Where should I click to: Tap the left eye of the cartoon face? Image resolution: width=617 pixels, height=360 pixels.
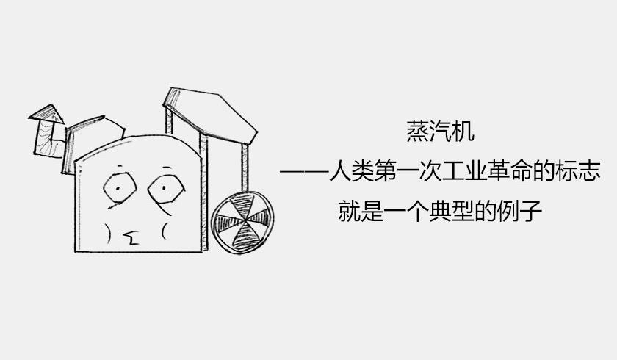(120, 187)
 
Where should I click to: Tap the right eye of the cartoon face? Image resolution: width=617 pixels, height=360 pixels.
(166, 189)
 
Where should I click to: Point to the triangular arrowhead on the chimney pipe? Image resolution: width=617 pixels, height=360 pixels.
(47, 114)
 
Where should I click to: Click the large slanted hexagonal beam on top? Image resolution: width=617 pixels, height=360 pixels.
(210, 115)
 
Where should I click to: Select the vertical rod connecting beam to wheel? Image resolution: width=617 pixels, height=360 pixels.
(245, 168)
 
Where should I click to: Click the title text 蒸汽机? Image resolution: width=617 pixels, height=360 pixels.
(440, 131)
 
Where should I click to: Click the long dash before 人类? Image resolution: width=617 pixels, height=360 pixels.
(304, 171)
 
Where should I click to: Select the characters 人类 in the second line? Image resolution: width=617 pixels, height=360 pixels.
(351, 171)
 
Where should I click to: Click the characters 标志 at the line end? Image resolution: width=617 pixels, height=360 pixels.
(577, 171)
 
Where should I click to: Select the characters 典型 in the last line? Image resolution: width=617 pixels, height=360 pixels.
(451, 211)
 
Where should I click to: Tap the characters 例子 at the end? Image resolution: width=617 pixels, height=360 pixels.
(519, 211)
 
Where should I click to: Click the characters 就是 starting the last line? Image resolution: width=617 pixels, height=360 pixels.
(361, 211)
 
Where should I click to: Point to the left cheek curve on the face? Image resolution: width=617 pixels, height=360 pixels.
(107, 232)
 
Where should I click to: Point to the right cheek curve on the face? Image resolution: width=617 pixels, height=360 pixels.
(164, 231)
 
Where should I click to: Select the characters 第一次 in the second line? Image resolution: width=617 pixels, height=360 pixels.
(408, 171)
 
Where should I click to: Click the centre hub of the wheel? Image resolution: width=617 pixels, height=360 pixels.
(243, 221)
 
